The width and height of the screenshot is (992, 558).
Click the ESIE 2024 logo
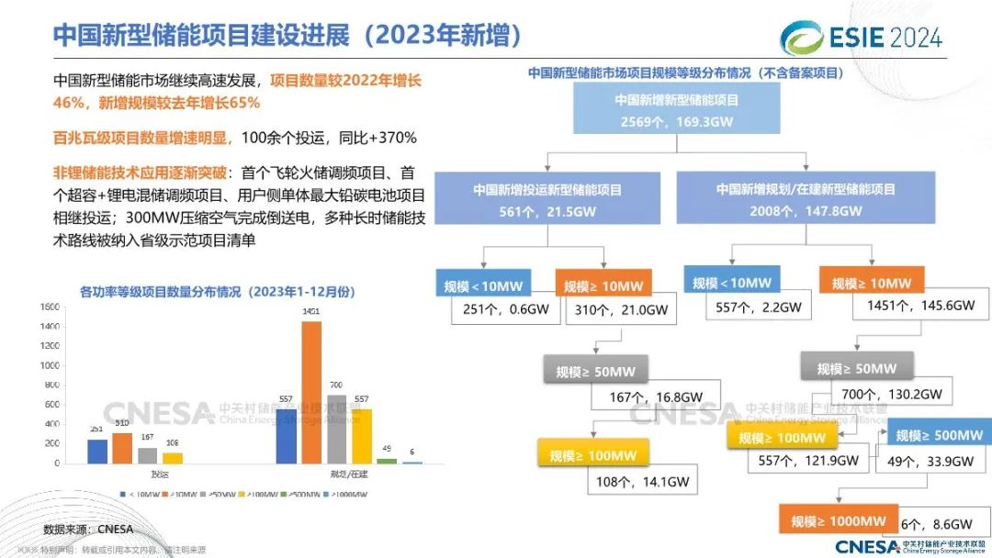[861, 37]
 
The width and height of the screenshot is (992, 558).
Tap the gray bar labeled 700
[337, 429]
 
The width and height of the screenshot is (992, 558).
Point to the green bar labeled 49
[387, 461]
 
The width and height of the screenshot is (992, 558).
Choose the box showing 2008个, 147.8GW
[806, 199]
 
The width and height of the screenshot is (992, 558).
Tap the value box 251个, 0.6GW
[507, 309]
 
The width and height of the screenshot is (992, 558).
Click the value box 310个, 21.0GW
[621, 309]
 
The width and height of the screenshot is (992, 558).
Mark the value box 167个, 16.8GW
[656, 397]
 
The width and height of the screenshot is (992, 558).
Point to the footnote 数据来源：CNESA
[88, 529]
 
